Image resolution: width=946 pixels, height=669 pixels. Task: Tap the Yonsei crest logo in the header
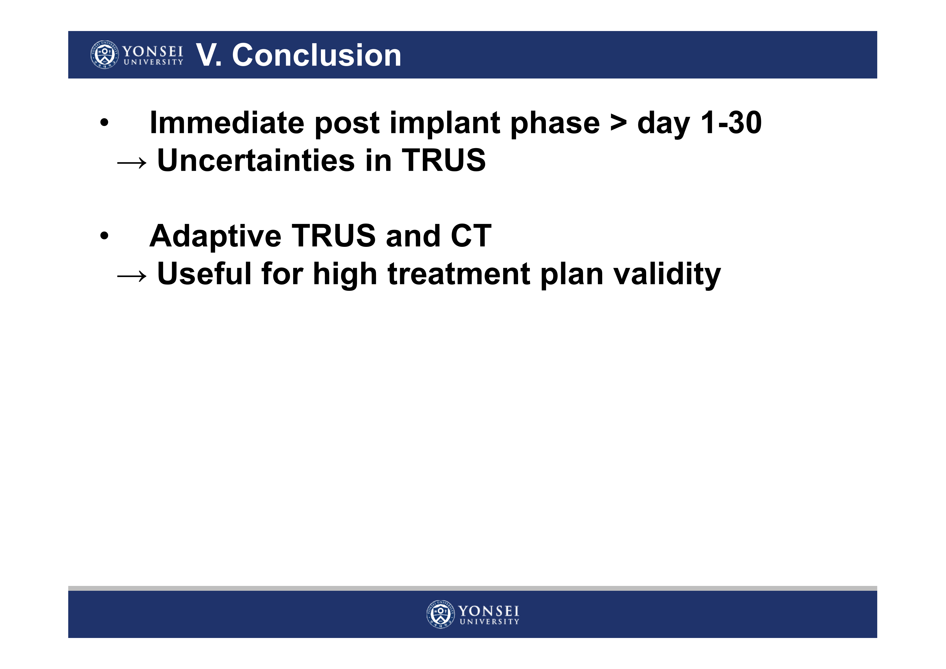point(105,55)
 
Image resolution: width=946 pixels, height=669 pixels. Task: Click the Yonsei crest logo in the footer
point(440,614)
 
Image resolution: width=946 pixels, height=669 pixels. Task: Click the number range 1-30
point(731,122)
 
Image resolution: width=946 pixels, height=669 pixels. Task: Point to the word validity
point(667,274)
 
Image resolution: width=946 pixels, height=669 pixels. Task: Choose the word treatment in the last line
point(459,274)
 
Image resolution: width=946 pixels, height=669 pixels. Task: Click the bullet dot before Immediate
point(105,122)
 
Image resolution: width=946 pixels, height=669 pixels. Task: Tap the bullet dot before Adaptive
point(105,236)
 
